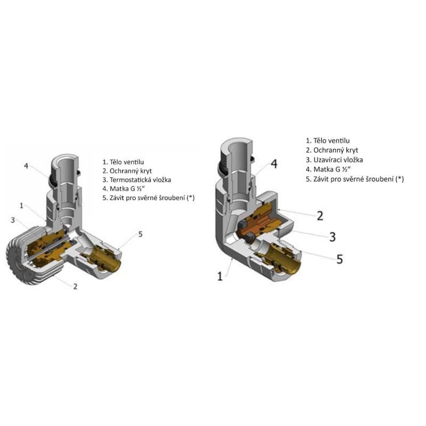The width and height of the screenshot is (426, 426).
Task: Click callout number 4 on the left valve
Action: pyautogui.click(x=26, y=166)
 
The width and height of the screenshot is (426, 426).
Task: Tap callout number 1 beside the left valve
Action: pyautogui.click(x=22, y=206)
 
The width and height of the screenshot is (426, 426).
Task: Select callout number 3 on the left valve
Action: pyautogui.click(x=13, y=220)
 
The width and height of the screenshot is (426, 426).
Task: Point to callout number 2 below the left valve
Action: pyautogui.click(x=75, y=286)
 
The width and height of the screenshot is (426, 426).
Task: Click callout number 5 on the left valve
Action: pyautogui.click(x=140, y=234)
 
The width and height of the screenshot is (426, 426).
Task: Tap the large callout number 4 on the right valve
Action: pyautogui.click(x=274, y=164)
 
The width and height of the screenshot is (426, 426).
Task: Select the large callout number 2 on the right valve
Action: pyautogui.click(x=320, y=216)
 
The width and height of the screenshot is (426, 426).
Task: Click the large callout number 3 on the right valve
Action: pyautogui.click(x=332, y=237)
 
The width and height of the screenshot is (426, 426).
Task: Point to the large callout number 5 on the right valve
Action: pyautogui.click(x=340, y=259)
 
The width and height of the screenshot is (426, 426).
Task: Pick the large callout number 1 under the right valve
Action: pyautogui.click(x=220, y=276)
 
